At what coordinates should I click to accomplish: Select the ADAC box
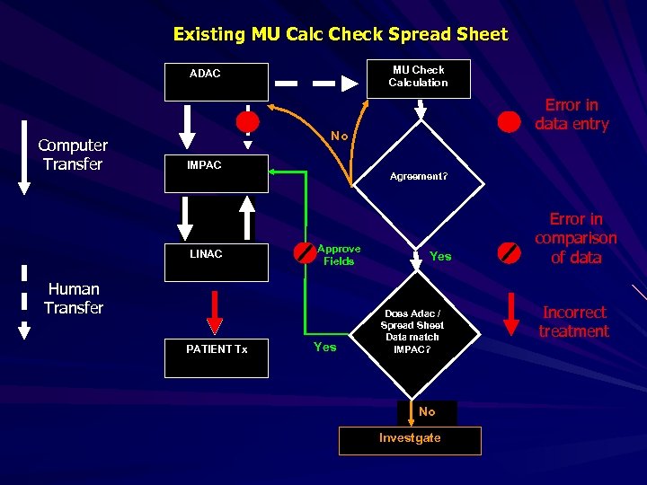click(216, 82)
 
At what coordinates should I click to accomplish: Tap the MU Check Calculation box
click(418, 76)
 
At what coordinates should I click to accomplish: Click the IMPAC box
click(216, 173)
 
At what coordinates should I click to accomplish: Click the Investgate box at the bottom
click(410, 440)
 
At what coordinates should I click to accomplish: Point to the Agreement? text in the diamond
click(418, 177)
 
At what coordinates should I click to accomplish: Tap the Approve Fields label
click(339, 255)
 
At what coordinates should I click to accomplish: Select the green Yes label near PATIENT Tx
click(324, 347)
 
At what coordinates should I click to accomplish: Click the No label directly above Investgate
click(427, 412)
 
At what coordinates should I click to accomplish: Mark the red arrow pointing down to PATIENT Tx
click(215, 310)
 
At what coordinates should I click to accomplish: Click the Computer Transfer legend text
click(73, 154)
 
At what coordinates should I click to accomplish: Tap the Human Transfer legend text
click(73, 298)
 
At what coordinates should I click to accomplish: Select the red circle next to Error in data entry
click(510, 120)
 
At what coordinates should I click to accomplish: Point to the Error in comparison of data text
click(575, 238)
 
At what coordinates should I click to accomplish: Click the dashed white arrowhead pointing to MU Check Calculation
click(349, 83)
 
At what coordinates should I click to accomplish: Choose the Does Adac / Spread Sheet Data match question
click(412, 331)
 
